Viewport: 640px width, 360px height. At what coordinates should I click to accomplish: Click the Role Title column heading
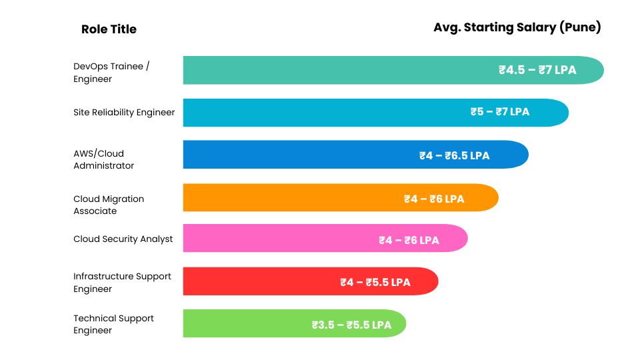109,29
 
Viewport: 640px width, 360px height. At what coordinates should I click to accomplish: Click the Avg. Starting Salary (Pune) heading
517,27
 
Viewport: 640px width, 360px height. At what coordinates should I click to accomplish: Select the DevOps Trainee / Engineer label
111,73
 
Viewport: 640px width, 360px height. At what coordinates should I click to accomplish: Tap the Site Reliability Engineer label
124,113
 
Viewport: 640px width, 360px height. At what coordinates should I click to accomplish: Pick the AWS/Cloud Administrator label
103,159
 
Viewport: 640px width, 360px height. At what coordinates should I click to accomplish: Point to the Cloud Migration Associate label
108,205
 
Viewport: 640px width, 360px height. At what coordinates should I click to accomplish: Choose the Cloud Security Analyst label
123,239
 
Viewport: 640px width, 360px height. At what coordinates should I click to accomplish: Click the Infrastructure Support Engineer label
122,282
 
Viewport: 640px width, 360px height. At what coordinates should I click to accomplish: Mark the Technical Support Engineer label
113,324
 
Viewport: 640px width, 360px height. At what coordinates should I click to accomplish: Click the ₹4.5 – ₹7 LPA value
537,70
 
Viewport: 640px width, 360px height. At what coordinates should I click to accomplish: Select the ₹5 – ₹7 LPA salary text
499,112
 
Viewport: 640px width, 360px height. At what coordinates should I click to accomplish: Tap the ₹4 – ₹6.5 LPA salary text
454,155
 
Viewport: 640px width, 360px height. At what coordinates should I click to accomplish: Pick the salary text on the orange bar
434,199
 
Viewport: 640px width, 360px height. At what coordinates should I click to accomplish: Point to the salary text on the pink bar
409,240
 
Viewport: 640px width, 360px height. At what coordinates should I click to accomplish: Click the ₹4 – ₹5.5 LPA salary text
375,282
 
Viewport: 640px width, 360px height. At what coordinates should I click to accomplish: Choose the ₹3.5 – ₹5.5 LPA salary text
351,325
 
